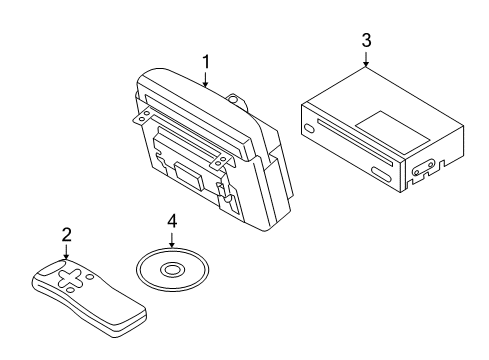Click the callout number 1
coord(206,62)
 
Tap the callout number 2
coord(67,235)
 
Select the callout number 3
coord(366,40)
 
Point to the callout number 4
coord(172,221)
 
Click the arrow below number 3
coord(366,59)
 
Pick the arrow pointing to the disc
coord(172,240)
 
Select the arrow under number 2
coord(67,252)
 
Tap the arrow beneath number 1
coord(206,79)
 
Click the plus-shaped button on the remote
coord(70,278)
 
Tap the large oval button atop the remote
coord(51,268)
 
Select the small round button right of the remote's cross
coord(89,277)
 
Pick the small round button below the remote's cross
coord(70,290)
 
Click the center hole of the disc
coord(172,269)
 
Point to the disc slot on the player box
coord(355,142)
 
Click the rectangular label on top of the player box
coord(392,132)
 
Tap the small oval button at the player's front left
coord(309,128)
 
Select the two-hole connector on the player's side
coord(424,168)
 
